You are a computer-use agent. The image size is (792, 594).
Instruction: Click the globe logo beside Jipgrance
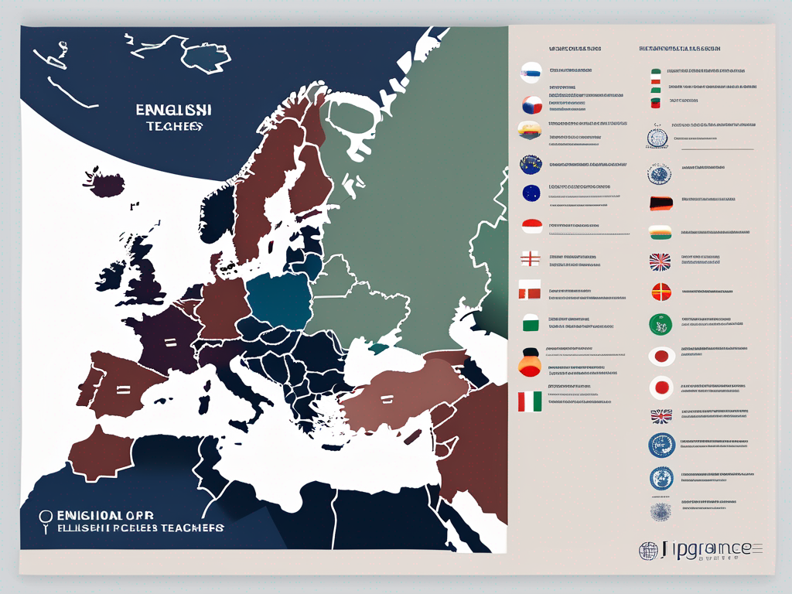coord(647,550)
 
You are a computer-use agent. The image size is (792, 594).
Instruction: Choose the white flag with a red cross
coord(530,258)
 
